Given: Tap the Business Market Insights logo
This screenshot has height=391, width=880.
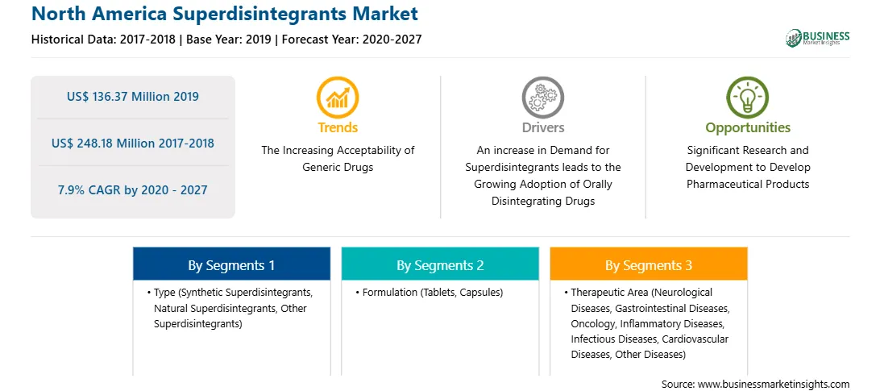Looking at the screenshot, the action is click(x=817, y=38).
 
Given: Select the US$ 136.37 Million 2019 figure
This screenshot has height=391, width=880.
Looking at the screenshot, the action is click(x=132, y=97).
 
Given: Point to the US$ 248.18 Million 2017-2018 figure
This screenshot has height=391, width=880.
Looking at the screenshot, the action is click(x=132, y=144).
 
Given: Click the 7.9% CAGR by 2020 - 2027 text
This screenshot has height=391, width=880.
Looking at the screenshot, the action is click(x=132, y=190).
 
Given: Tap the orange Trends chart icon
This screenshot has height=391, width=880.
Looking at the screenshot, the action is click(x=338, y=98).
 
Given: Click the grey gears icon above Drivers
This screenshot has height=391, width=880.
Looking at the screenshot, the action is click(x=542, y=98).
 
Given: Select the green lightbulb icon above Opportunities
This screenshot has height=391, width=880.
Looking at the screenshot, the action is click(x=748, y=98).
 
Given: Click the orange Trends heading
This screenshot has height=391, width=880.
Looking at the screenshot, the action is click(x=338, y=127).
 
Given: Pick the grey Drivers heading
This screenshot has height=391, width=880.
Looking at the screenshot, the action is click(x=543, y=127).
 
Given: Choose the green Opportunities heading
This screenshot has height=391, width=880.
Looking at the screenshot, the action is click(x=748, y=128).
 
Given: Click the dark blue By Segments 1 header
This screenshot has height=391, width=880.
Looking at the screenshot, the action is click(x=231, y=265).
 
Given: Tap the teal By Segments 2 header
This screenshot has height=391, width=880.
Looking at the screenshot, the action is click(x=440, y=265).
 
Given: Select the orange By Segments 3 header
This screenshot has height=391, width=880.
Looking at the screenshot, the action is click(x=649, y=265).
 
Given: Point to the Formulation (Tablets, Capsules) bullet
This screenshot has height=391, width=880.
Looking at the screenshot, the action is click(x=430, y=293).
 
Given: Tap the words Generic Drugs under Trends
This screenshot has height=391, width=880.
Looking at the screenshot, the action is click(x=338, y=168).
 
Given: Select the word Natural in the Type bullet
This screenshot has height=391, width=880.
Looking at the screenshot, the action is click(x=171, y=309).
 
